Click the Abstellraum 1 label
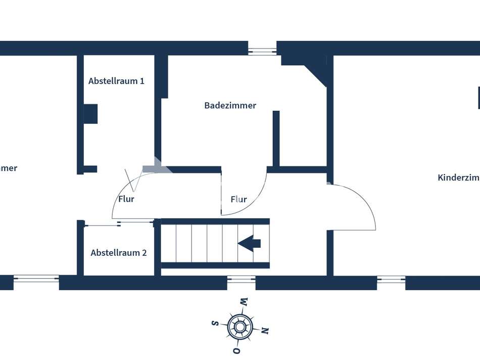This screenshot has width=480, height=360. tap(116, 81)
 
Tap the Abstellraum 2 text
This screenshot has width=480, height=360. tap(119, 253)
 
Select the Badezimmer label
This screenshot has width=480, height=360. tap(230, 106)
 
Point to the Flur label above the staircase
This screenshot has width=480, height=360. tap(238, 199)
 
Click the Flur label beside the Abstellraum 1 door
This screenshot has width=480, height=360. tap(126, 199)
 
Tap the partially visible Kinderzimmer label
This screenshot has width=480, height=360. tap(458, 177)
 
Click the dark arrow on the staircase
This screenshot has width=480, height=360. tap(249, 243)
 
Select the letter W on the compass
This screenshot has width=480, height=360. tap(244, 302)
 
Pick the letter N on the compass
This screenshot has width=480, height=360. tap(264, 331)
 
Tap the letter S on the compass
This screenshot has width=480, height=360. tap(214, 323)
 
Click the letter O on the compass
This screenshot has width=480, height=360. tap(235, 350)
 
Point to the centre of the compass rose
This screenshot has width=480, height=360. tap(239, 327)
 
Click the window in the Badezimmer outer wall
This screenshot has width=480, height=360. tap(262, 51)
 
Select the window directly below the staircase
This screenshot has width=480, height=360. tap(241, 279)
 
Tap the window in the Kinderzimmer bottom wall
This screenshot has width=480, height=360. tap(391, 279)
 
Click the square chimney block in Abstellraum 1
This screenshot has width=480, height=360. tap(90, 114)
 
